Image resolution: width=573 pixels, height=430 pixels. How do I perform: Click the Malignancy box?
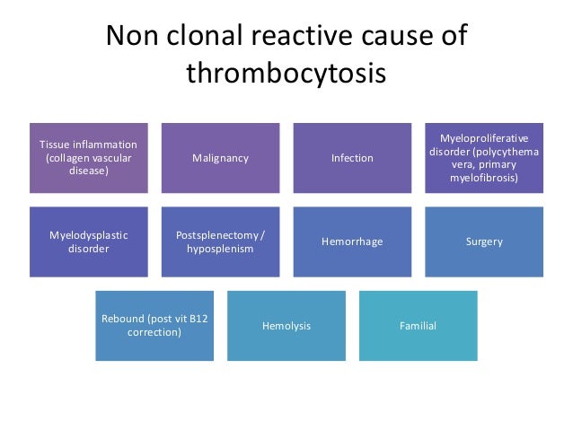[x=220, y=158]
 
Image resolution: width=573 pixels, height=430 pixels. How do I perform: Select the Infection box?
[x=352, y=158]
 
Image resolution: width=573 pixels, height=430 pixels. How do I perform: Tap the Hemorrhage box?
[x=352, y=241]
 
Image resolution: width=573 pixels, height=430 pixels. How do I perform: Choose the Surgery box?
[x=484, y=241]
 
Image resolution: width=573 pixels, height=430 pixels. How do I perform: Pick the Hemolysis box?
[x=286, y=325]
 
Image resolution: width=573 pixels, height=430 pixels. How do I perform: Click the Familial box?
[x=418, y=325]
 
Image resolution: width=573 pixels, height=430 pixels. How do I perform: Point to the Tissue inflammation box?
[x=88, y=158]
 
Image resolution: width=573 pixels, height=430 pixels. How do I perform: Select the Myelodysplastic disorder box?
[x=88, y=241]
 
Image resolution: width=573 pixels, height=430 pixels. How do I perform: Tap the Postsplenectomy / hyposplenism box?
[x=220, y=241]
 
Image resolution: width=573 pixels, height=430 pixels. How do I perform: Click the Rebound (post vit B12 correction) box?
[x=154, y=325]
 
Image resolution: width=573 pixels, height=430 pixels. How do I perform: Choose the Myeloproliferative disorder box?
[x=484, y=158]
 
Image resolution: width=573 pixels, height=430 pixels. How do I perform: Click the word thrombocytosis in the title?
[x=286, y=74]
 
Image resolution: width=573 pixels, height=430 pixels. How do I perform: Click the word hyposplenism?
[x=220, y=249]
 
